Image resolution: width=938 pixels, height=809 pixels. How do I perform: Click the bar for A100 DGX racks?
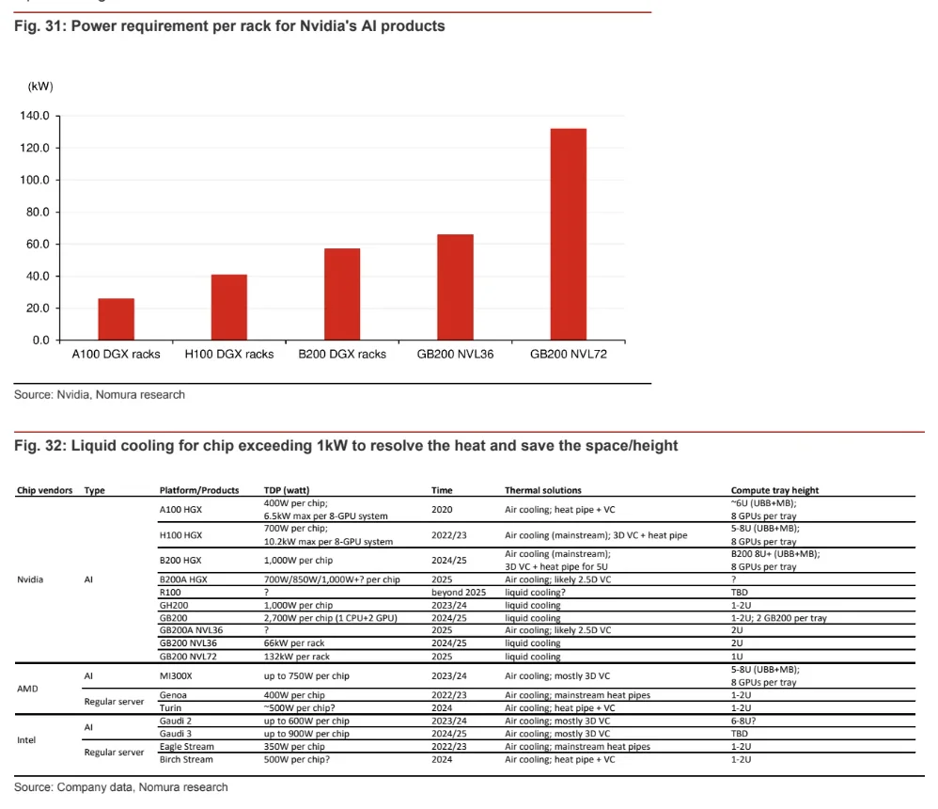pyautogui.click(x=117, y=319)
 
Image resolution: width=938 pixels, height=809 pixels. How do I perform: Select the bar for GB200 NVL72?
pyautogui.click(x=569, y=234)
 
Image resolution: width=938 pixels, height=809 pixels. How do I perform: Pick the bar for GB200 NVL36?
pyautogui.click(x=456, y=287)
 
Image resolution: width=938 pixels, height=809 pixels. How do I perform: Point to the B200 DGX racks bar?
pyautogui.click(x=342, y=293)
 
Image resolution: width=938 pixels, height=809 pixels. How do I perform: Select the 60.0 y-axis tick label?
pyautogui.click(x=37, y=245)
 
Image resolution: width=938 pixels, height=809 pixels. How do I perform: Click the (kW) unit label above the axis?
pyautogui.click(x=40, y=87)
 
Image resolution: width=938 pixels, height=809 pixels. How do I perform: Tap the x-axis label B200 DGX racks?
pyautogui.click(x=342, y=355)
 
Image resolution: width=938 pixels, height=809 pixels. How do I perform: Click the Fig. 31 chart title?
pyautogui.click(x=229, y=26)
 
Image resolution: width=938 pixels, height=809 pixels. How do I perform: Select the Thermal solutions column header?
pyautogui.click(x=542, y=490)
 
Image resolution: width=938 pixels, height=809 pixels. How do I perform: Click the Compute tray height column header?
pyautogui.click(x=774, y=490)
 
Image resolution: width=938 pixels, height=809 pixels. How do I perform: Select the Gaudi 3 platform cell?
pyautogui.click(x=177, y=734)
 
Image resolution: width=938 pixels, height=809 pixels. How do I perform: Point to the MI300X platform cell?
pyautogui.click(x=177, y=676)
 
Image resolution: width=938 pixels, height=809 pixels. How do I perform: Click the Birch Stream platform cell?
pyautogui.click(x=186, y=759)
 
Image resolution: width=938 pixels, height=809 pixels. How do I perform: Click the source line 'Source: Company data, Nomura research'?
pyautogui.click(x=121, y=786)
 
